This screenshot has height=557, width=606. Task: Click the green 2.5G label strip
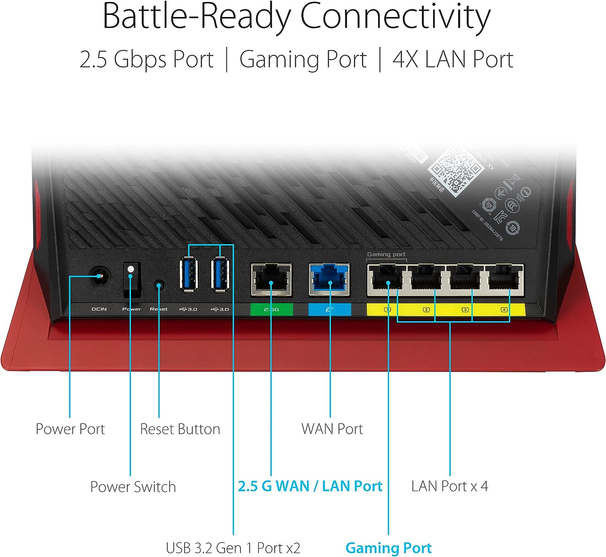[x=271, y=309]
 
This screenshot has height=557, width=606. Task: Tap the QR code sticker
[x=455, y=172]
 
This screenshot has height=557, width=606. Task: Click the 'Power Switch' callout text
[x=133, y=487]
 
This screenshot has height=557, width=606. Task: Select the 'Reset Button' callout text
[x=180, y=429]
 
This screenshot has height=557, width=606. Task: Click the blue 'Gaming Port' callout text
[x=389, y=549]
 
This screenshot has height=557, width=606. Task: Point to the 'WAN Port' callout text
[x=332, y=429]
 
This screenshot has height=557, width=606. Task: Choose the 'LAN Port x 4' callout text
[x=450, y=486]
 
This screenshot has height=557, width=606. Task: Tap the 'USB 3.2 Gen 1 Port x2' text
[x=233, y=549]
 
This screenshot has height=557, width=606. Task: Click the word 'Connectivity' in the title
[x=395, y=17]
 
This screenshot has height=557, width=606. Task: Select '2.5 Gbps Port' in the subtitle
[x=146, y=59]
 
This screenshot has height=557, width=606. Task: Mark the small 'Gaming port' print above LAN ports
[x=386, y=254]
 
